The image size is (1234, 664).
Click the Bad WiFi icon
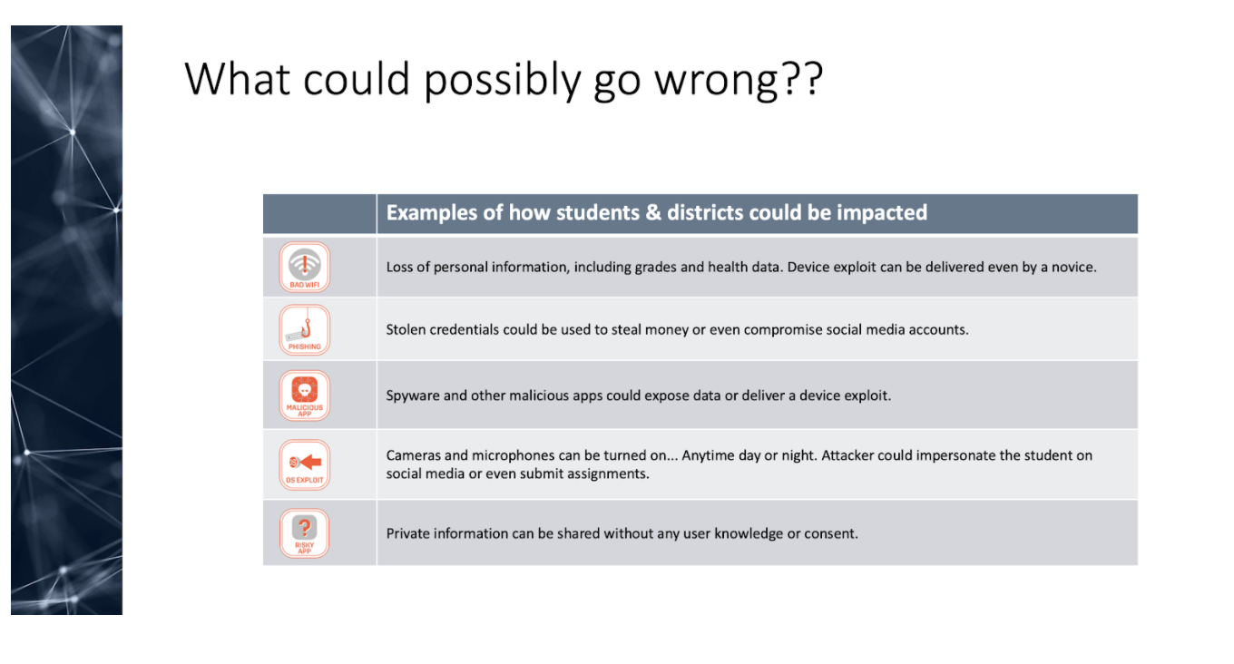pyautogui.click(x=305, y=267)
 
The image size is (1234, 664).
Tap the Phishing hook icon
pyautogui.click(x=305, y=330)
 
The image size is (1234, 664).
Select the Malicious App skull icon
pyautogui.click(x=305, y=395)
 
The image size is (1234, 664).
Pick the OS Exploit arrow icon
pyautogui.click(x=305, y=464)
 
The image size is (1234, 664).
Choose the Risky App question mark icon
pyautogui.click(x=305, y=533)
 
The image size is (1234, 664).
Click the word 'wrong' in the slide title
pyautogui.click(x=717, y=81)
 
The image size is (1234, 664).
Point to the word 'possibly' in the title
pyautogui.click(x=503, y=81)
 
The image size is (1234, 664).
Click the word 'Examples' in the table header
pyautogui.click(x=431, y=213)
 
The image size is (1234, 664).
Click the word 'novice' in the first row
pyautogui.click(x=1072, y=267)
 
